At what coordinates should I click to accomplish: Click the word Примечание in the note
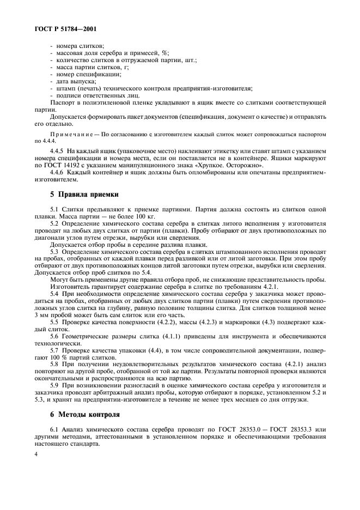(x=69, y=133)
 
